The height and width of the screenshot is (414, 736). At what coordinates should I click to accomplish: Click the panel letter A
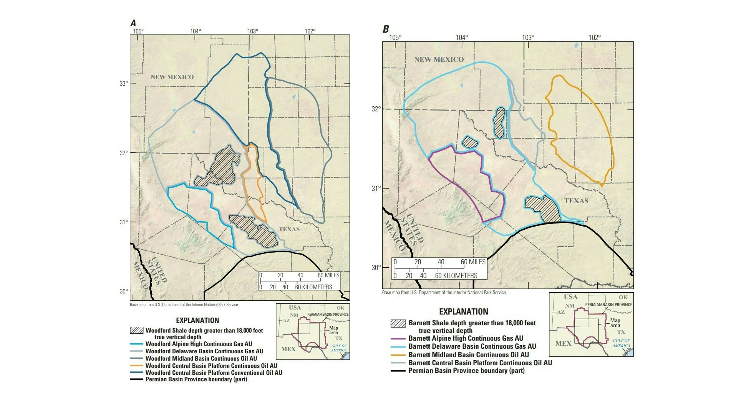click(x=133, y=23)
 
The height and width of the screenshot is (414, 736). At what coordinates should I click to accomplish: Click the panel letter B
click(x=386, y=29)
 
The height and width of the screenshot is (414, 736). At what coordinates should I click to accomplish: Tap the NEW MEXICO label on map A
click(x=172, y=77)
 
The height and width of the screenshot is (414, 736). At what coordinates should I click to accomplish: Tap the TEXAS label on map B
click(x=576, y=201)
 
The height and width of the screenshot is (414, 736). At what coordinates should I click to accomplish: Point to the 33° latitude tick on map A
click(x=124, y=83)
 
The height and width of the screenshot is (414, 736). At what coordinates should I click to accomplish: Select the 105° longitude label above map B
click(x=395, y=37)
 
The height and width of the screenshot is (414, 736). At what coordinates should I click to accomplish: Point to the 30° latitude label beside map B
click(x=376, y=267)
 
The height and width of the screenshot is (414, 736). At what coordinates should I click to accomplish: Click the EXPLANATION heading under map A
click(x=197, y=320)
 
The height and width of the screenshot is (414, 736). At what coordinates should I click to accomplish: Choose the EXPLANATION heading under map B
click(x=463, y=312)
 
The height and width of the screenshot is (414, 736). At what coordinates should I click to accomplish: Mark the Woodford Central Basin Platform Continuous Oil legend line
click(x=136, y=366)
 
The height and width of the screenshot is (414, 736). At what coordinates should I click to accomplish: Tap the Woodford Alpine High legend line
click(x=136, y=344)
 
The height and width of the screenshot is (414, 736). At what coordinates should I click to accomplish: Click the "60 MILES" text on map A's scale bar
click(x=328, y=275)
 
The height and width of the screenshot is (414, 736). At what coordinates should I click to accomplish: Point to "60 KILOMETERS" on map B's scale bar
click(x=456, y=275)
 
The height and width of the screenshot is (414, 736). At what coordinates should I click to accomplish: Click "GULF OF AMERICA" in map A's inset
click(x=339, y=348)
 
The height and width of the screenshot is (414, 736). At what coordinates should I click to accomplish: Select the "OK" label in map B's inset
click(x=623, y=297)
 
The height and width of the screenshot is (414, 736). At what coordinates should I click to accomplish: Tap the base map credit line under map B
click(x=444, y=293)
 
